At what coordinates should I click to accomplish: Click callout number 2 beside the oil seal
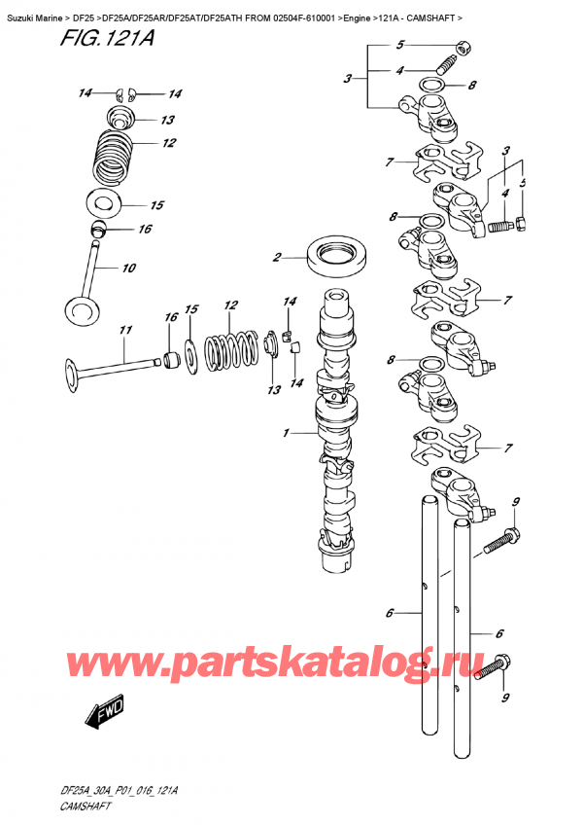(277, 258)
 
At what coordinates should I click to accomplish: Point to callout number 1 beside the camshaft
(286, 432)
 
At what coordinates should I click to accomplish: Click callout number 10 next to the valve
(127, 269)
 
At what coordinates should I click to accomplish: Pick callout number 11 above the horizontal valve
(124, 331)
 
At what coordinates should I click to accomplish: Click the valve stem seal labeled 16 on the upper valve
(98, 230)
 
